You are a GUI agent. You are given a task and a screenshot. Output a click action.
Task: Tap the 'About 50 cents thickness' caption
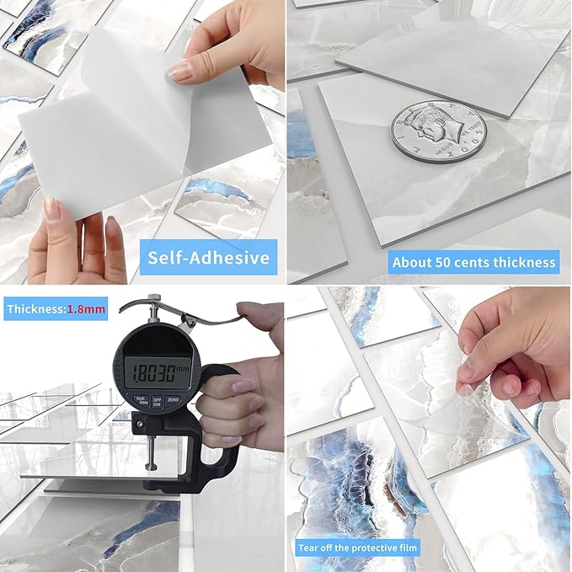474,262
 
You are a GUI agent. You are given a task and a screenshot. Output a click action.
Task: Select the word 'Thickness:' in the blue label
35,309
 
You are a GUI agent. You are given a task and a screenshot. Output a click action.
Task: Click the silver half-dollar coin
438,131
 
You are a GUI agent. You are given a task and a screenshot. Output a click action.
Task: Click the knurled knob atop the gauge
154,300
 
